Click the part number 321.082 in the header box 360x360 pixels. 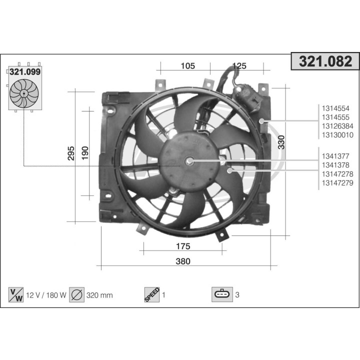tap(325, 61)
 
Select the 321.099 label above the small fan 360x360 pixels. tap(25, 71)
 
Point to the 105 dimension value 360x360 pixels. tap(187, 66)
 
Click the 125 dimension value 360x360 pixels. tap(240, 66)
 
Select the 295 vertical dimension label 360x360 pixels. tap(71, 153)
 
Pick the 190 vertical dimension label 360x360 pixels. tap(85, 153)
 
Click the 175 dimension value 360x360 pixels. tap(183, 246)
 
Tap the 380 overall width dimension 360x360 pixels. tap(183, 261)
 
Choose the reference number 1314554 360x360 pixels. tap(335, 108)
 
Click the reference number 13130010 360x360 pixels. tap(337, 135)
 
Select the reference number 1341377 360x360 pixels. tap(335, 156)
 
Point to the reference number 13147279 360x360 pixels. tap(337, 183)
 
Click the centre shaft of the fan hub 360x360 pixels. tap(189, 161)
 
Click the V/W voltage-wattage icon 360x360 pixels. tap(16, 295)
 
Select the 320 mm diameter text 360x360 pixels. tap(99, 295)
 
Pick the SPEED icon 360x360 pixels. tap(151, 294)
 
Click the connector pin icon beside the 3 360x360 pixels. tap(222, 295)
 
